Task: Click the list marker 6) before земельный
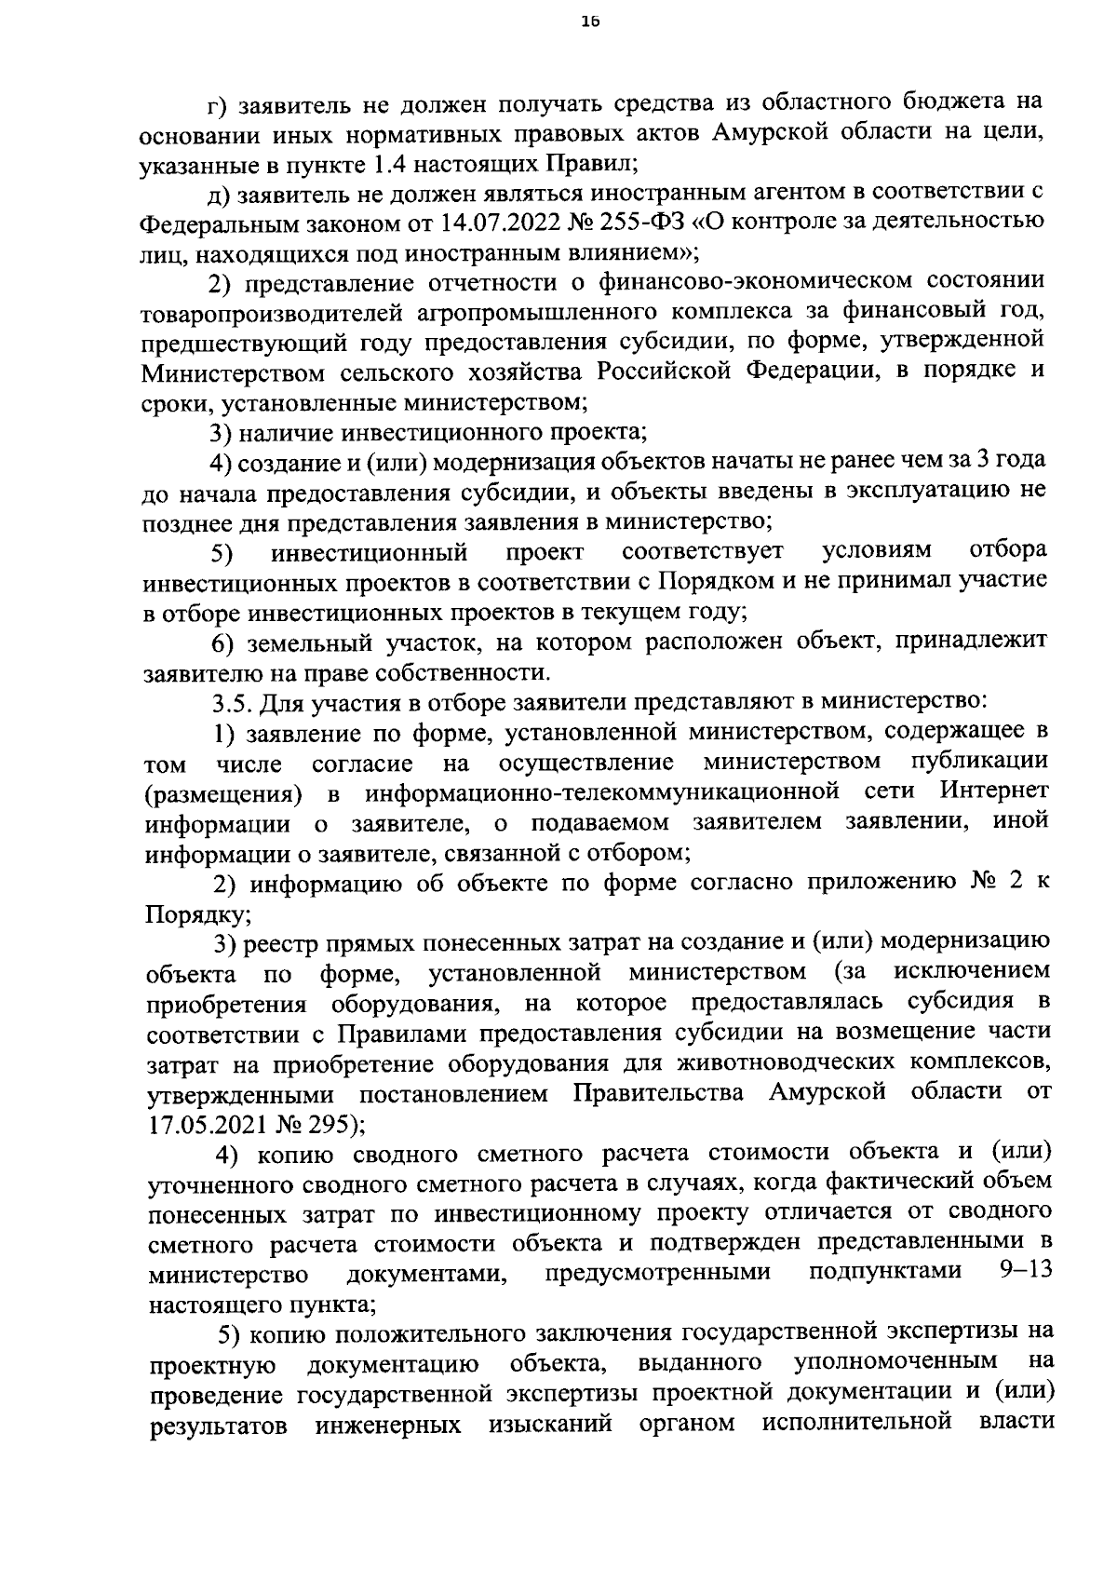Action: point(220,642)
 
